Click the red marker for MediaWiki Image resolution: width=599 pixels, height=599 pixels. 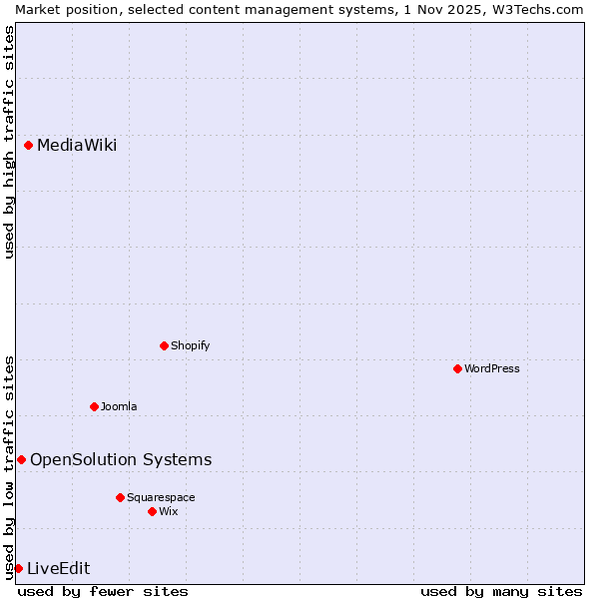coord(29,146)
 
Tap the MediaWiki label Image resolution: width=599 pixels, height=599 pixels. coord(77,146)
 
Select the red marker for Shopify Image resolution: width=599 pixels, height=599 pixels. coord(164,346)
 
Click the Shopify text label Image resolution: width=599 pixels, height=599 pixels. coord(190,346)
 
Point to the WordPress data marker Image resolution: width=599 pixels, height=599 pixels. coord(457,369)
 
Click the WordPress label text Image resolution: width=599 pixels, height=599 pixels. coord(492,369)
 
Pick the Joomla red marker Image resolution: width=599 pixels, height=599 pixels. coord(94,407)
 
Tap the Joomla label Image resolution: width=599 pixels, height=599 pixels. coord(119,407)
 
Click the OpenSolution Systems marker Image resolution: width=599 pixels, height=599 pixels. coord(21,460)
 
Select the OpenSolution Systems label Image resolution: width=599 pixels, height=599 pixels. coord(121,460)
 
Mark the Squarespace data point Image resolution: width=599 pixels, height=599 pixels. coord(120,498)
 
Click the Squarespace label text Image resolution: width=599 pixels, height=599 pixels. coord(161,498)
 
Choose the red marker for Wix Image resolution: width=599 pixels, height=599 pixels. coord(152,512)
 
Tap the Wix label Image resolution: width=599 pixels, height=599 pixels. coord(169,512)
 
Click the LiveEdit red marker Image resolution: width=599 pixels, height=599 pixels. coord(18,569)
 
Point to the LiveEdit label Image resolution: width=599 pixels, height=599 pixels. coord(58,569)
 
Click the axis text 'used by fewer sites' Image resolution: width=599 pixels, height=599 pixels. coord(103,592)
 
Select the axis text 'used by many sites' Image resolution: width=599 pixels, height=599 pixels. coord(501,592)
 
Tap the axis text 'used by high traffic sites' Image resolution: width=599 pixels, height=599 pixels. coord(9,142)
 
